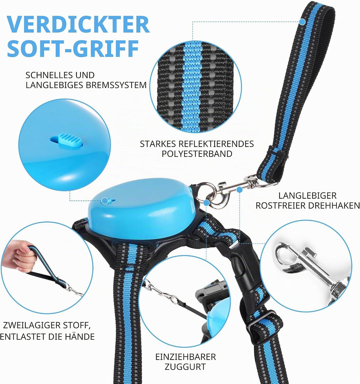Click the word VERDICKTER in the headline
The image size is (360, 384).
(78, 24)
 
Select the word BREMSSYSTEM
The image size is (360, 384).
(116, 85)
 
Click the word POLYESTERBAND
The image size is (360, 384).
(197, 154)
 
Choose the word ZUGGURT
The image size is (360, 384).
(185, 367)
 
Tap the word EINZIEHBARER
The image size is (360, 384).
(186, 357)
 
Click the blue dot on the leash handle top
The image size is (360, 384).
(302, 22)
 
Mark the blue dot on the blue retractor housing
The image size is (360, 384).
(105, 201)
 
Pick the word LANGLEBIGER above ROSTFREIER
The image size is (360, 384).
(307, 196)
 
